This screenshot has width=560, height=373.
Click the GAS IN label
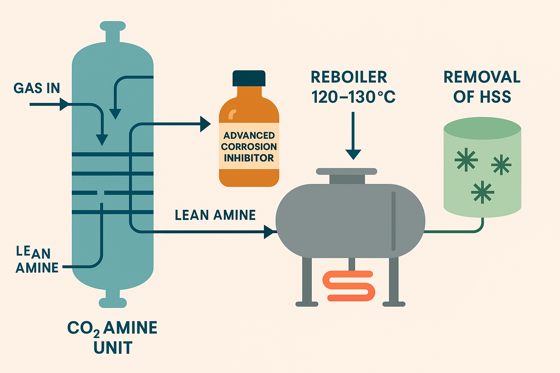pos(36,88)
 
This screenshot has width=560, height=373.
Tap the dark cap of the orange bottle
pos(249,78)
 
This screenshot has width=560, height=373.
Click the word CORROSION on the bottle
pos(249,146)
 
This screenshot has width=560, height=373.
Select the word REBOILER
pos(349,77)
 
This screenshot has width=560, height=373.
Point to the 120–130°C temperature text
pos(353,97)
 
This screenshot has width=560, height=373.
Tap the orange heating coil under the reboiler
pos(349,286)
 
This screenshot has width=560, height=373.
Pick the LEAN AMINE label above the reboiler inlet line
pos(215,215)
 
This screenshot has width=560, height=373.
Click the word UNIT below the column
pos(113,348)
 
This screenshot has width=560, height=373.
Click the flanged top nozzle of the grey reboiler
pos(346,176)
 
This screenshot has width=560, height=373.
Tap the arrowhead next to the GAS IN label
pos(64,105)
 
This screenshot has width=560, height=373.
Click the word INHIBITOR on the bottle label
pos(249,158)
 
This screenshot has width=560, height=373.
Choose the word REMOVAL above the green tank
pos(482,77)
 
